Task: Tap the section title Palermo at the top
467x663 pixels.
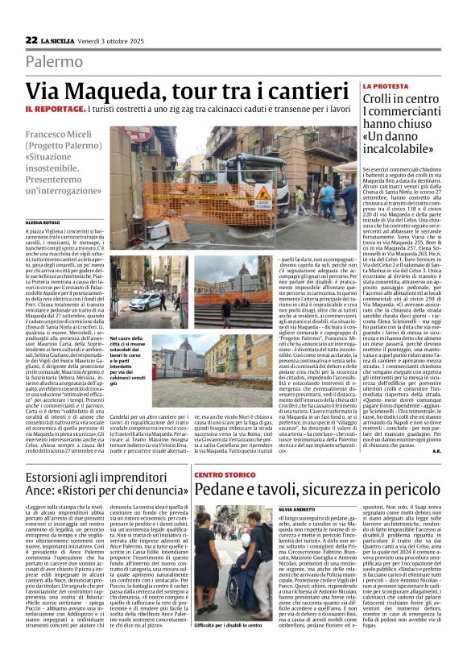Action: [54, 61]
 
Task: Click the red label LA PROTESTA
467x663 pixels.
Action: [385, 85]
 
